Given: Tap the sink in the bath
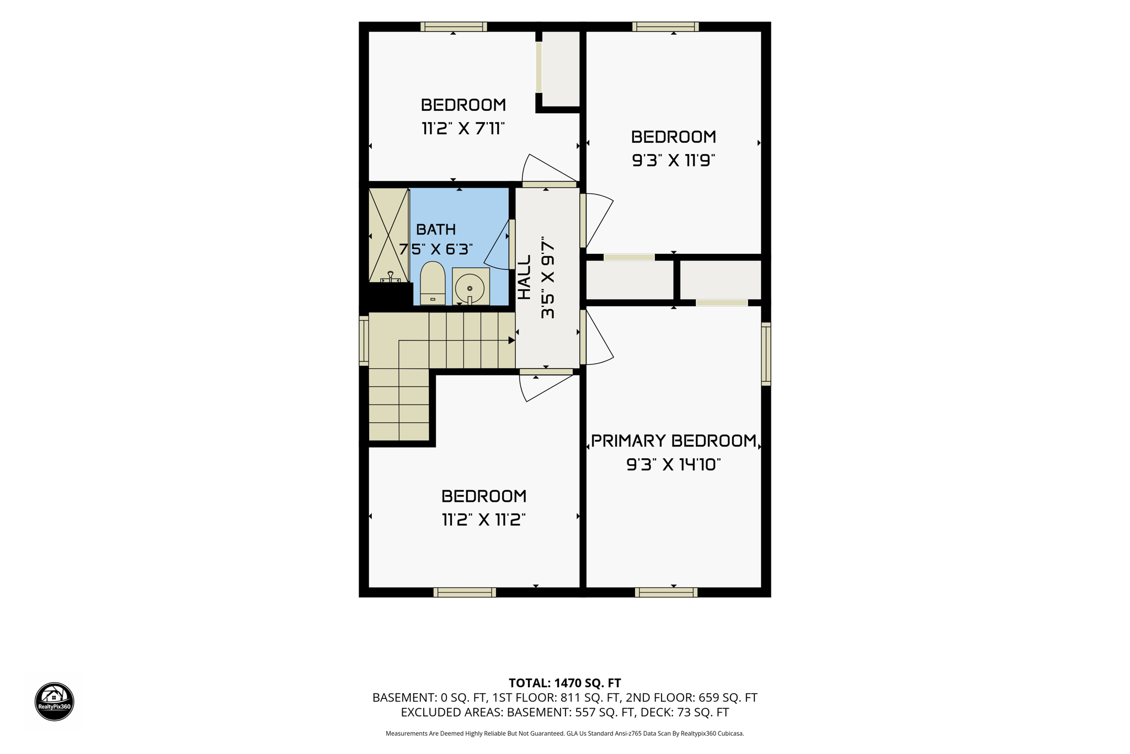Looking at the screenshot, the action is tap(471, 286).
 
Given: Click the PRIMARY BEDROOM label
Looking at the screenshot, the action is tap(674, 440).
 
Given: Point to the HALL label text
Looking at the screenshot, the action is tap(524, 277).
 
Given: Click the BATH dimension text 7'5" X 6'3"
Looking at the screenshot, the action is tap(436, 249).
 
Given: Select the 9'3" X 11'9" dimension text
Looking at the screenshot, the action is tap(674, 161).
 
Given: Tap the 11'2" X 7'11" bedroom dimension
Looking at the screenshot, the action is tap(463, 129).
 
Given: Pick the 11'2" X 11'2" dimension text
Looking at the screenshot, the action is tap(484, 520).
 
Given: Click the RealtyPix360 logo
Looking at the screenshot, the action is tap(55, 702).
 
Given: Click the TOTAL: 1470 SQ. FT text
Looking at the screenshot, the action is tap(565, 683).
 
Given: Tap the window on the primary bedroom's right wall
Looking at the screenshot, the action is tap(766, 354).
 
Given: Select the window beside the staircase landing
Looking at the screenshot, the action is tap(364, 340).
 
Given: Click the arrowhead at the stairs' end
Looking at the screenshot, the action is tap(512, 341).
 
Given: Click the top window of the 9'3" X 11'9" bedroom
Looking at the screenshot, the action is tap(665, 26).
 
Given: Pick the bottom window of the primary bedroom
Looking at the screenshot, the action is tap(666, 592).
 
